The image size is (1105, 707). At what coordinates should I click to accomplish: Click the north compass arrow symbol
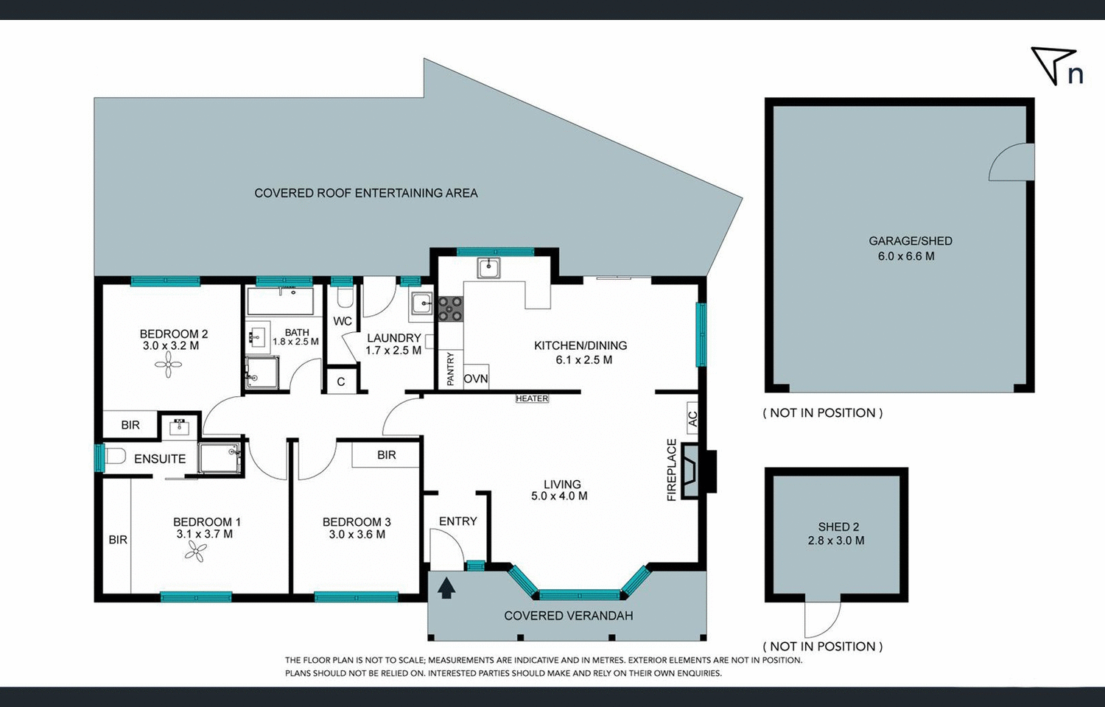[x=1052, y=64]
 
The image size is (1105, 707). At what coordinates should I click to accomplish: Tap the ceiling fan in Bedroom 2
[x=168, y=364]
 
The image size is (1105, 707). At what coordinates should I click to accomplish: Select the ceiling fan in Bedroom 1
[x=195, y=551]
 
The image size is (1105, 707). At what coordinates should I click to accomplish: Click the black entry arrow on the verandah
[x=446, y=588]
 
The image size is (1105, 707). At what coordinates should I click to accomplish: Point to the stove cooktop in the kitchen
[x=450, y=309]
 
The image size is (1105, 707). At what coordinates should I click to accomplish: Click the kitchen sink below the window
[x=488, y=267]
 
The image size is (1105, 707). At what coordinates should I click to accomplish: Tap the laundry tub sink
[x=422, y=303]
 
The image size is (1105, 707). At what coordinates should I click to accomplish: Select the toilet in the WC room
[x=345, y=298]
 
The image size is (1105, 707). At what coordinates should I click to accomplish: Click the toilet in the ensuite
[x=114, y=457]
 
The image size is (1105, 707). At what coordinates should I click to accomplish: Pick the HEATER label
[x=532, y=398]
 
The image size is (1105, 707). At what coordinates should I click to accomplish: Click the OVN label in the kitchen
[x=476, y=379]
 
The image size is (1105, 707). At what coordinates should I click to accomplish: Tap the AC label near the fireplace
[x=692, y=419]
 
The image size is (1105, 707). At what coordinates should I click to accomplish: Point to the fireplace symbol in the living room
[x=691, y=471]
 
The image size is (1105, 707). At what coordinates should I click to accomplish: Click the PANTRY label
[x=451, y=368]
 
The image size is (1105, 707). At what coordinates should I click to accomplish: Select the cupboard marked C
[x=341, y=381]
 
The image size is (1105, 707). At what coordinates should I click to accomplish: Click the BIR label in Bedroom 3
[x=387, y=455]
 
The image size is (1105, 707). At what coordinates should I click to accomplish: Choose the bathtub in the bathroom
[x=280, y=301]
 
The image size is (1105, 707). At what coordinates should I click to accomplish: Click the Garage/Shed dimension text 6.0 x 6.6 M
[x=906, y=256]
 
